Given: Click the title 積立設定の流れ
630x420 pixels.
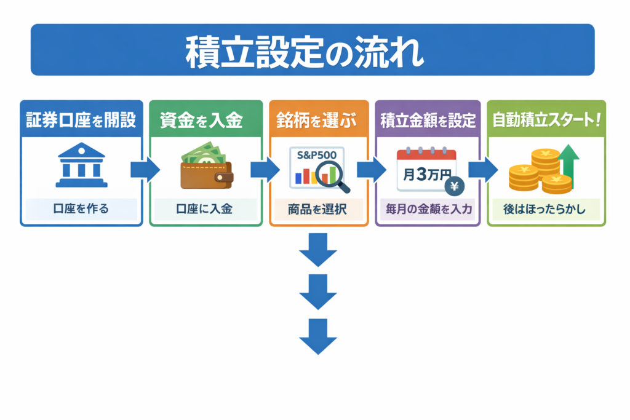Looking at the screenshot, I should coord(305,53).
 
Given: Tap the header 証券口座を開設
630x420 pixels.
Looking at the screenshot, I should coord(81,120).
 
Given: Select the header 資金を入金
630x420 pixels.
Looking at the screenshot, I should coord(201,120).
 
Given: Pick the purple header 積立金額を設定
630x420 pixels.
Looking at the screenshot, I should coord(428,120).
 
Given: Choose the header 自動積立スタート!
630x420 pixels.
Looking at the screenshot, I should coord(546,120).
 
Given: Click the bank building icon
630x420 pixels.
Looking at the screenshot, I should coord(81,166).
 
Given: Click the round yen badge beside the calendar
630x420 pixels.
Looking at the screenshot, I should coord(456,185).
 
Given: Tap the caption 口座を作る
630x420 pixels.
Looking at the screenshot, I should coord(81,209).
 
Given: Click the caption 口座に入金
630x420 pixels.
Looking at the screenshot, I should coord(203,209).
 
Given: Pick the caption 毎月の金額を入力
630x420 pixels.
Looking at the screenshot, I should coord(428,209).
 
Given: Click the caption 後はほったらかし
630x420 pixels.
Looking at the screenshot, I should coord(546,209).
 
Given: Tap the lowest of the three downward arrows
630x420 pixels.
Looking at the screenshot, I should coord(318,336).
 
